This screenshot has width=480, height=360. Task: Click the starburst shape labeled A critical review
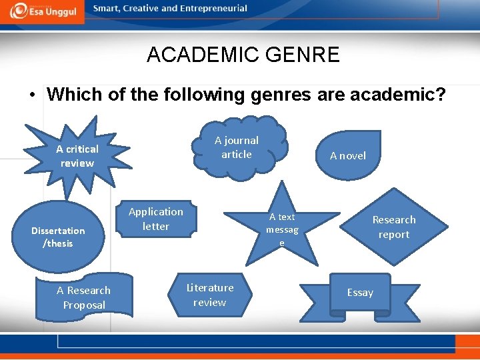click(77, 156)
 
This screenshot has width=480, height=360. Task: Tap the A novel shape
click(348, 156)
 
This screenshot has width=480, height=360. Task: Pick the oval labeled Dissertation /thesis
click(59, 237)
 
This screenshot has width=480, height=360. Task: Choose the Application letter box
click(156, 219)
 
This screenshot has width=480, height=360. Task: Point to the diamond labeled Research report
click(393, 227)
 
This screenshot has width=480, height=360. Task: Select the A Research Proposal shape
click(84, 297)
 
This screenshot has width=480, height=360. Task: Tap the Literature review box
click(210, 295)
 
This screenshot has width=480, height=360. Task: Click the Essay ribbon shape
click(360, 293)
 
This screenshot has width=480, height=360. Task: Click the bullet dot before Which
click(32, 95)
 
